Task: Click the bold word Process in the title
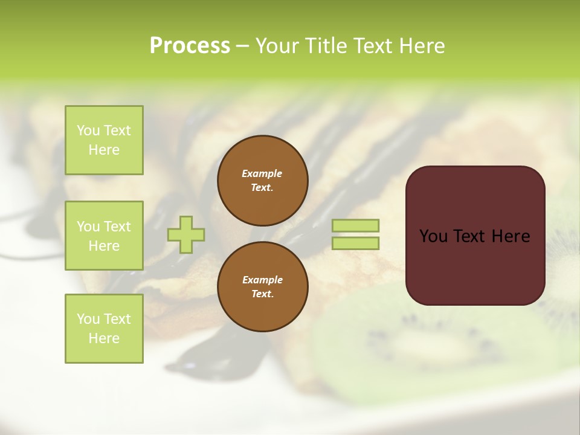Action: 190,45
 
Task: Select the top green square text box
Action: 104,140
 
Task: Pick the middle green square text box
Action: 104,236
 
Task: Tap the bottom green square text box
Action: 104,328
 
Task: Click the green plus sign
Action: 186,234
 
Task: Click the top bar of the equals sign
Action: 355,225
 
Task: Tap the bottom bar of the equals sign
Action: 355,243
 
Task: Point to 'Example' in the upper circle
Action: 262,173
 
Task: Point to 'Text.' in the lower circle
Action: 262,294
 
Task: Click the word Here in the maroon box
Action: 510,236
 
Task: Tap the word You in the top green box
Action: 88,130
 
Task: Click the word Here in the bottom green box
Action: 104,338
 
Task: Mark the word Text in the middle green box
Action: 118,227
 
